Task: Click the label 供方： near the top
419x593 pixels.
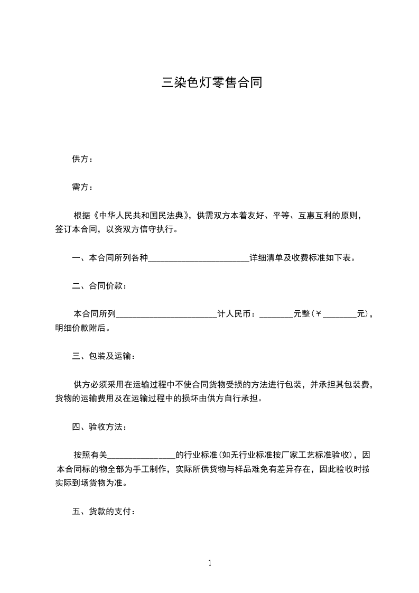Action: click(82, 159)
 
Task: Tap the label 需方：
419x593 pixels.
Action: click(82, 187)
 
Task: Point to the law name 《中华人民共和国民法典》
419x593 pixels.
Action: click(141, 216)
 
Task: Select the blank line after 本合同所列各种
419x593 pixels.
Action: click(199, 258)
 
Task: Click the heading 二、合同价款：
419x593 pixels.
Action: click(99, 286)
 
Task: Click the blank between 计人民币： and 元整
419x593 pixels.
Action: click(276, 314)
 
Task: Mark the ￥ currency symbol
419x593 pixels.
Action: click(318, 314)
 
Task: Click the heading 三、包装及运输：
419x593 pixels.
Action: click(104, 356)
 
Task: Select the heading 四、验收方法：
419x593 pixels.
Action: click(99, 427)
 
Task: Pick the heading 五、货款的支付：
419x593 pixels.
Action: click(104, 512)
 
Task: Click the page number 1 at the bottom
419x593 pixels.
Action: click(210, 563)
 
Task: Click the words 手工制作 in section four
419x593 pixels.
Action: click(149, 469)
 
